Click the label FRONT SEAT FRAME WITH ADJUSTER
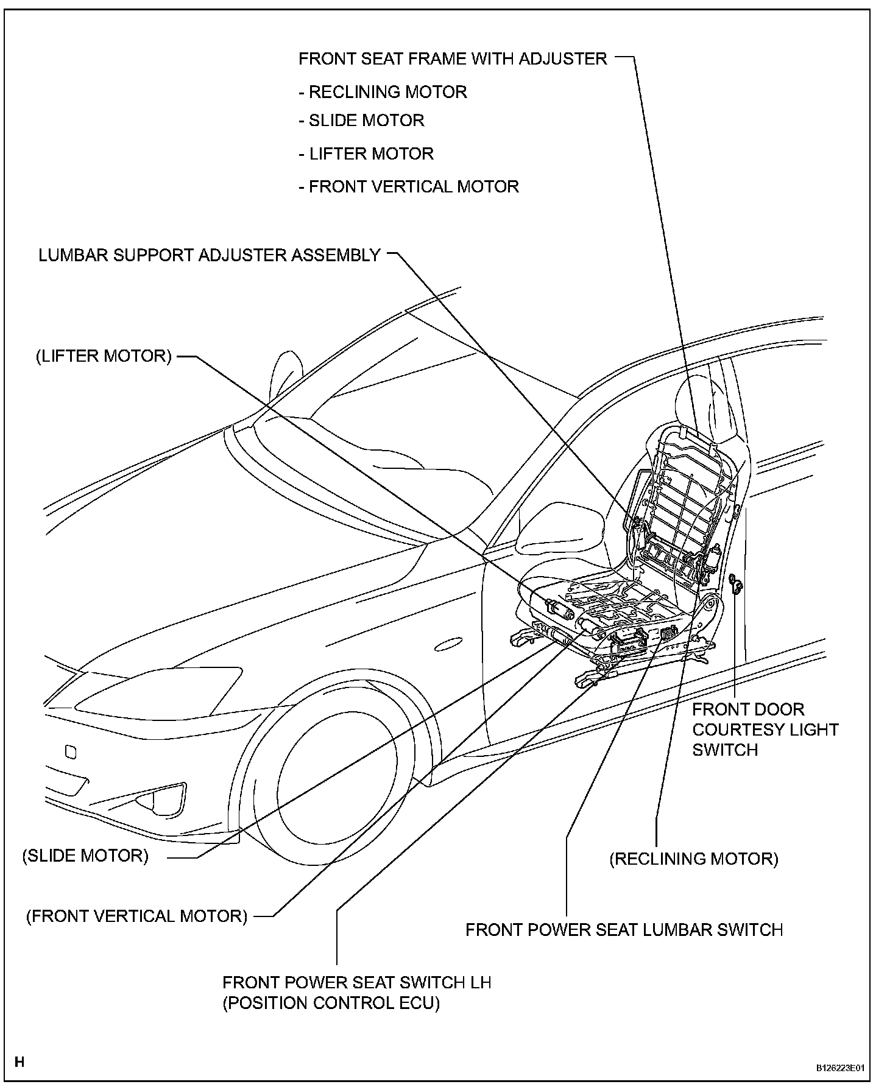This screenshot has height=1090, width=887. coord(453,59)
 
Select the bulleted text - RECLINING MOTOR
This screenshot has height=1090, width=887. coord(383,92)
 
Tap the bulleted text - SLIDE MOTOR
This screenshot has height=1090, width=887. coord(362,120)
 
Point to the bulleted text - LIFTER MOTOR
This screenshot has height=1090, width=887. coord(366,153)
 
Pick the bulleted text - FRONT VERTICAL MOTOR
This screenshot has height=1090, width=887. coord(409,186)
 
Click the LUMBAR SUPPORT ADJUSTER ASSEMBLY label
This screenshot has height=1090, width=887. coord(210,255)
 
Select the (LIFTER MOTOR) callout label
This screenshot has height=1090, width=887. coord(104,356)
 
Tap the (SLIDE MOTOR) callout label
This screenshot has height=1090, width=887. coord(85,856)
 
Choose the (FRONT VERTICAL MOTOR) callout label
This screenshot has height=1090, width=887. coord(136,916)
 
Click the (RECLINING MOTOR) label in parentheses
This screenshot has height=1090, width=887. coord(694,859)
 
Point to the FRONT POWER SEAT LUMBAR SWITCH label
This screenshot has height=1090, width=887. coord(624,930)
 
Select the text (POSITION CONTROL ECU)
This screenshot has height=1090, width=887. coord(331,1003)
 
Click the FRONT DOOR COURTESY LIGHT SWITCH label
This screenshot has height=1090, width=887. coord(765,730)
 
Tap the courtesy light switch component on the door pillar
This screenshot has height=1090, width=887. coord(737,585)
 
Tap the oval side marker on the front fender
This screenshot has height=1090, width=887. coord(449,644)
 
